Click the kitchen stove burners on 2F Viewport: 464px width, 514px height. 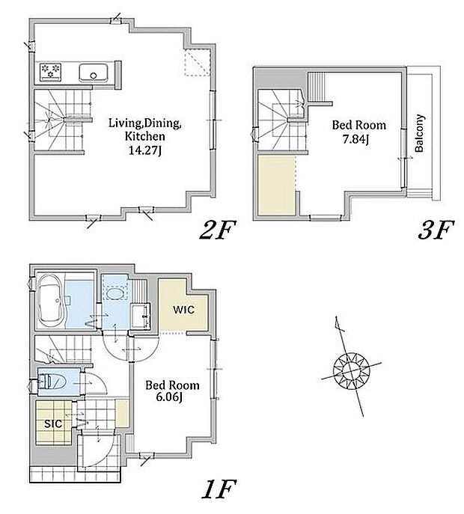pyautogui.click(x=50, y=72)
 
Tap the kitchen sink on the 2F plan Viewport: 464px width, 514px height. pyautogui.click(x=94, y=73)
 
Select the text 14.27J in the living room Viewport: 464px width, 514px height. pyautogui.click(x=144, y=150)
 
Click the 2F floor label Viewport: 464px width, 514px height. pyautogui.click(x=218, y=230)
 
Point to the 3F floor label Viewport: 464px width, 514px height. pyautogui.click(x=436, y=230)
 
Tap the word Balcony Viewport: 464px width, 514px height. pyautogui.click(x=419, y=133)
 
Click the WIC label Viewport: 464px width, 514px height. pyautogui.click(x=183, y=310)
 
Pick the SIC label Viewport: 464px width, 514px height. pyautogui.click(x=53, y=424)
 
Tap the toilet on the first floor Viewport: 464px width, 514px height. pyautogui.click(x=52, y=382)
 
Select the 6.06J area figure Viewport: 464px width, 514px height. pyautogui.click(x=169, y=397)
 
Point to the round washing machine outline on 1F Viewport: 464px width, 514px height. pyautogui.click(x=114, y=293)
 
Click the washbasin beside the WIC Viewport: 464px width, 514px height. pyautogui.click(x=141, y=316)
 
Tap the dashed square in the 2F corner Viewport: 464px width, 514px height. pyautogui.click(x=197, y=63)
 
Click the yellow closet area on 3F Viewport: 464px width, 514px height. pyautogui.click(x=277, y=186)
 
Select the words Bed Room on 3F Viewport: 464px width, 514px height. pyautogui.click(x=358, y=125)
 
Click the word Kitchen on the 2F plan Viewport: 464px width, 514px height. pyautogui.click(x=144, y=137)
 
